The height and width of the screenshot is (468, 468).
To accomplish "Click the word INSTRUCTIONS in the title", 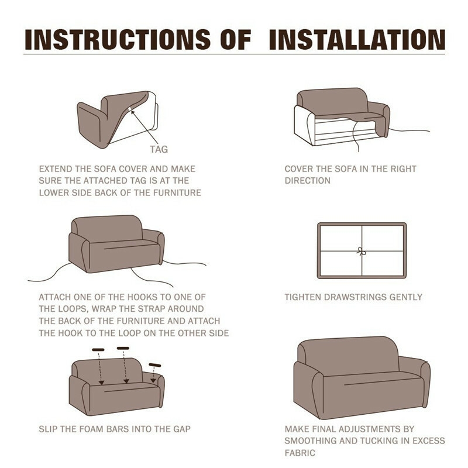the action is (x=118, y=39).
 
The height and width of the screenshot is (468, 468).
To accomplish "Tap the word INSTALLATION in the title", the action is (x=357, y=39).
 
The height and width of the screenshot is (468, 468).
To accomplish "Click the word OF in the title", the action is (x=236, y=39).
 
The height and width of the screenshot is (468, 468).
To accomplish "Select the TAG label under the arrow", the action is (x=159, y=149).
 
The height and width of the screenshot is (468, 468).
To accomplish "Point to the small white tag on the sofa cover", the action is (x=129, y=109).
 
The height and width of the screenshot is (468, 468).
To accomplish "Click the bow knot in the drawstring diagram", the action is (x=361, y=252).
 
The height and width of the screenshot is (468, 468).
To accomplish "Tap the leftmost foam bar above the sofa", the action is (x=98, y=349).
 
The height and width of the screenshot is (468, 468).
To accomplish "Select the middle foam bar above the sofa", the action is (x=123, y=348).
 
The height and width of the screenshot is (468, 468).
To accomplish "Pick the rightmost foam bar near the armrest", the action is (x=155, y=365).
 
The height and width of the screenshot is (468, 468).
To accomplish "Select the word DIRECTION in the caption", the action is (x=308, y=181).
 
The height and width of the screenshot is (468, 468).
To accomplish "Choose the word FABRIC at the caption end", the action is (x=300, y=453).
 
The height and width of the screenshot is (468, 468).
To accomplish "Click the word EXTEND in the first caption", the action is (x=56, y=169).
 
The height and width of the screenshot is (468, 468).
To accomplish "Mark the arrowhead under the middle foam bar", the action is (x=126, y=381).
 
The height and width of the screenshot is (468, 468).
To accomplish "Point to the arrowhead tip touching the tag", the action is (x=131, y=111).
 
